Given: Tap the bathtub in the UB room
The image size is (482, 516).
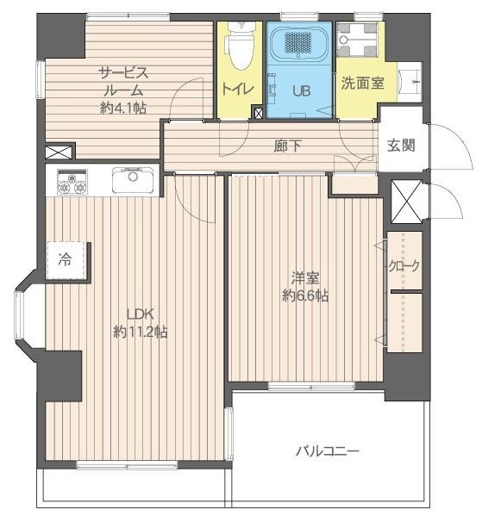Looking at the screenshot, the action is point(298,43).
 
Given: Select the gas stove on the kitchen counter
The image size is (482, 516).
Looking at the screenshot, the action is point(72,182).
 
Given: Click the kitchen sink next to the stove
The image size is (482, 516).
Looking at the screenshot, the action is point(133,180).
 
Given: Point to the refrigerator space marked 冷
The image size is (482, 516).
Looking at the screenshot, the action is point(65,260).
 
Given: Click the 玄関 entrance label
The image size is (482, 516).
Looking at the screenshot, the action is point(401,145).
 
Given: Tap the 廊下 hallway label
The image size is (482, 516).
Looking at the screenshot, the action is point(287,146).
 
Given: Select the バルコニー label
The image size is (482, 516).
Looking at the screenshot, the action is point(327,451).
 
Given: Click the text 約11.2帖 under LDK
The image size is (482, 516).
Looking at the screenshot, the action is point(141,332).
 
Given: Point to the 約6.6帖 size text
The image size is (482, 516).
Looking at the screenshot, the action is point(305,295).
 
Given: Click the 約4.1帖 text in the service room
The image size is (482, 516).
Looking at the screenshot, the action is point(123,108).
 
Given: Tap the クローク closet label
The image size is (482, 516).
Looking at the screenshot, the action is point(404,265).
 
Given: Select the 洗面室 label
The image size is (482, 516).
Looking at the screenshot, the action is point(362,83).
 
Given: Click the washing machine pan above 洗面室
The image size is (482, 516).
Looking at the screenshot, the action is point(357,40).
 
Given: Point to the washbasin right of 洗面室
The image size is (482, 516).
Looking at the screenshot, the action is point(410,82).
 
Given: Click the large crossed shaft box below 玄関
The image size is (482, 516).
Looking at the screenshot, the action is point(407,202).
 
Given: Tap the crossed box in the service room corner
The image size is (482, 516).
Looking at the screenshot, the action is point(59,152).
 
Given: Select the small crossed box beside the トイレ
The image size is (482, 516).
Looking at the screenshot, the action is point(259,113).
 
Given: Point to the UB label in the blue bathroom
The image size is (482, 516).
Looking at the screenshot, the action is point(302,90).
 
